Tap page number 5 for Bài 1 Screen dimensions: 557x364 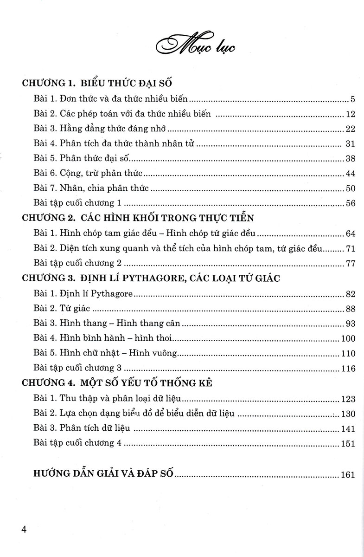(x=352, y=99)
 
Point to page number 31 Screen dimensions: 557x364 (x=350, y=143)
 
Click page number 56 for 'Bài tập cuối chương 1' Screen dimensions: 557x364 (x=350, y=203)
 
